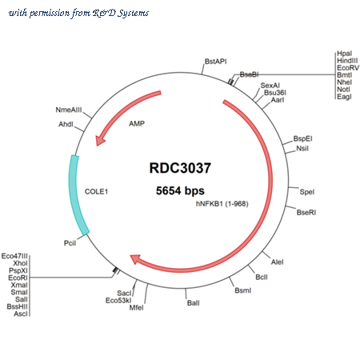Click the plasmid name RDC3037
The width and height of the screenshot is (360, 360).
[180, 168]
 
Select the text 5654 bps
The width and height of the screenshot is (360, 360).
[180, 190]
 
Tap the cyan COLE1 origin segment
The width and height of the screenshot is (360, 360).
[76, 194]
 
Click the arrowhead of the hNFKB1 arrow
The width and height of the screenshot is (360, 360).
[135, 259]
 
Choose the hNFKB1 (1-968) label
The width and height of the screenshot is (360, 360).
[222, 204]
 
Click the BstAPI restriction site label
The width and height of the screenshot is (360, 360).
[215, 62]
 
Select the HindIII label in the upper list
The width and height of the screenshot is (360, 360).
[347, 61]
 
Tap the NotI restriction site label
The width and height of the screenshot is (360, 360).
[343, 90]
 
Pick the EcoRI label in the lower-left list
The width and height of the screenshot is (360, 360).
[18, 278]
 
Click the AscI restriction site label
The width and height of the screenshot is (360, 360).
[21, 314]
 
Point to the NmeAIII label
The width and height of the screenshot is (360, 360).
[69, 110]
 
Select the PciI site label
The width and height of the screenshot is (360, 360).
[70, 243]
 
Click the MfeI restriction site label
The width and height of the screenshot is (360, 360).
[136, 308]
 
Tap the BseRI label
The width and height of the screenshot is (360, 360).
[306, 213]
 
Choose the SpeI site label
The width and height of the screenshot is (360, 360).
[307, 192]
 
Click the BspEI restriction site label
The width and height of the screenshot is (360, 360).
[302, 138]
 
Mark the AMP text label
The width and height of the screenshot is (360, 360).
[137, 124]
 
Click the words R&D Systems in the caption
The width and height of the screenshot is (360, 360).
[121, 13]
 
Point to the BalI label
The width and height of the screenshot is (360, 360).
[194, 303]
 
